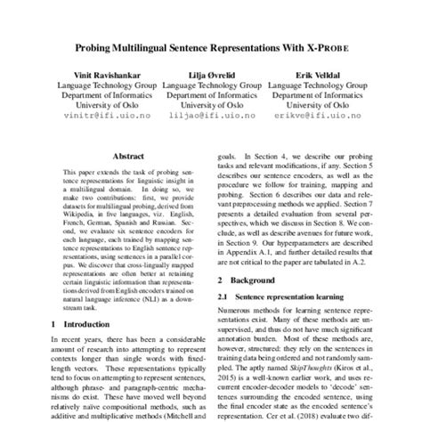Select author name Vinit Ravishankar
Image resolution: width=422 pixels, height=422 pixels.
click(x=103, y=76)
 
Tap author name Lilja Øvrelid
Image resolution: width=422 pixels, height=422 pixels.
click(x=212, y=76)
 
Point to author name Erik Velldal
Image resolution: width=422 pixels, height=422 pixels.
click(x=320, y=76)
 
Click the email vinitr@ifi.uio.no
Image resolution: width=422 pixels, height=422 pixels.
click(x=103, y=115)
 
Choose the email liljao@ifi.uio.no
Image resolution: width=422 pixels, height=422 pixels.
click(x=212, y=115)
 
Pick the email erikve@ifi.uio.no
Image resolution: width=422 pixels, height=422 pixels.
click(x=320, y=115)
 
